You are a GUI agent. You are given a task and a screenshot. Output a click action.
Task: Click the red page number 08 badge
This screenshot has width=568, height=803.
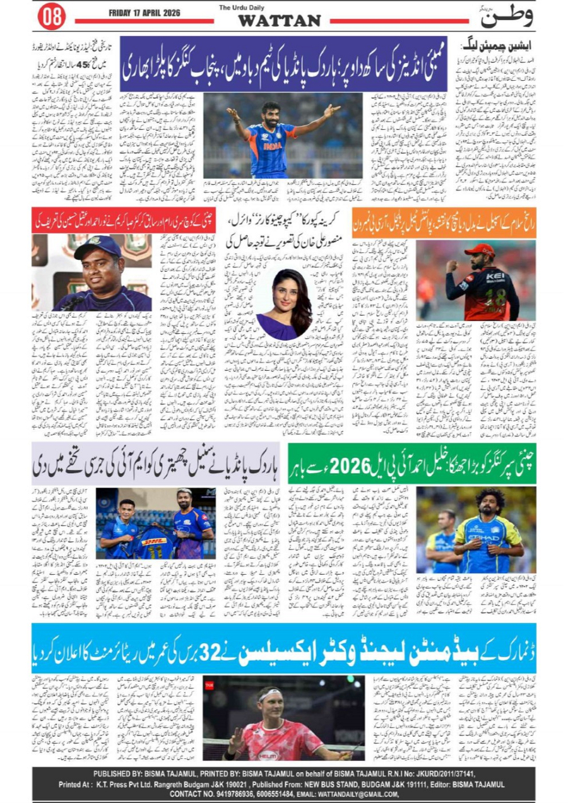tap(51, 16)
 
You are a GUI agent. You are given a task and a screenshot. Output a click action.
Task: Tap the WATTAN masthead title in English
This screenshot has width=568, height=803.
tap(279, 21)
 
